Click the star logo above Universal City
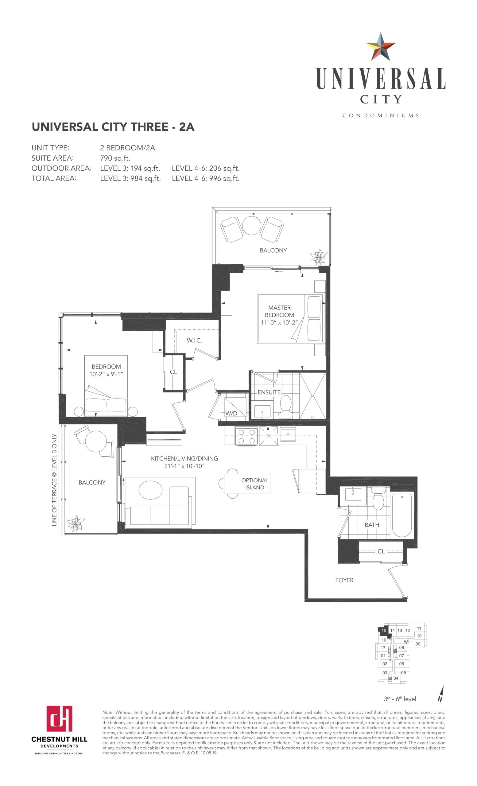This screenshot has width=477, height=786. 380,47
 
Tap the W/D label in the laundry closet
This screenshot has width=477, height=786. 231,413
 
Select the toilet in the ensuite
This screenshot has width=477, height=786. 285,407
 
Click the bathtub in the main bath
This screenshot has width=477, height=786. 402,515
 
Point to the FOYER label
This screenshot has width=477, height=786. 344,580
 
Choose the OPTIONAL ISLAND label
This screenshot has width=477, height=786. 254,484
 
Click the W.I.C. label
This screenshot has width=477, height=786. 194,340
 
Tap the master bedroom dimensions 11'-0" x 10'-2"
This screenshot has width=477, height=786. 279,322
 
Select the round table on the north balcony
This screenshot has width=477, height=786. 252,226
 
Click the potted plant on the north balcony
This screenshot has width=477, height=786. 319,256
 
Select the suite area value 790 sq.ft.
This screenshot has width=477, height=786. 115,158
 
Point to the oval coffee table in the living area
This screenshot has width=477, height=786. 150,490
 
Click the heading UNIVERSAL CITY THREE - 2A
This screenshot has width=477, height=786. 113,127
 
